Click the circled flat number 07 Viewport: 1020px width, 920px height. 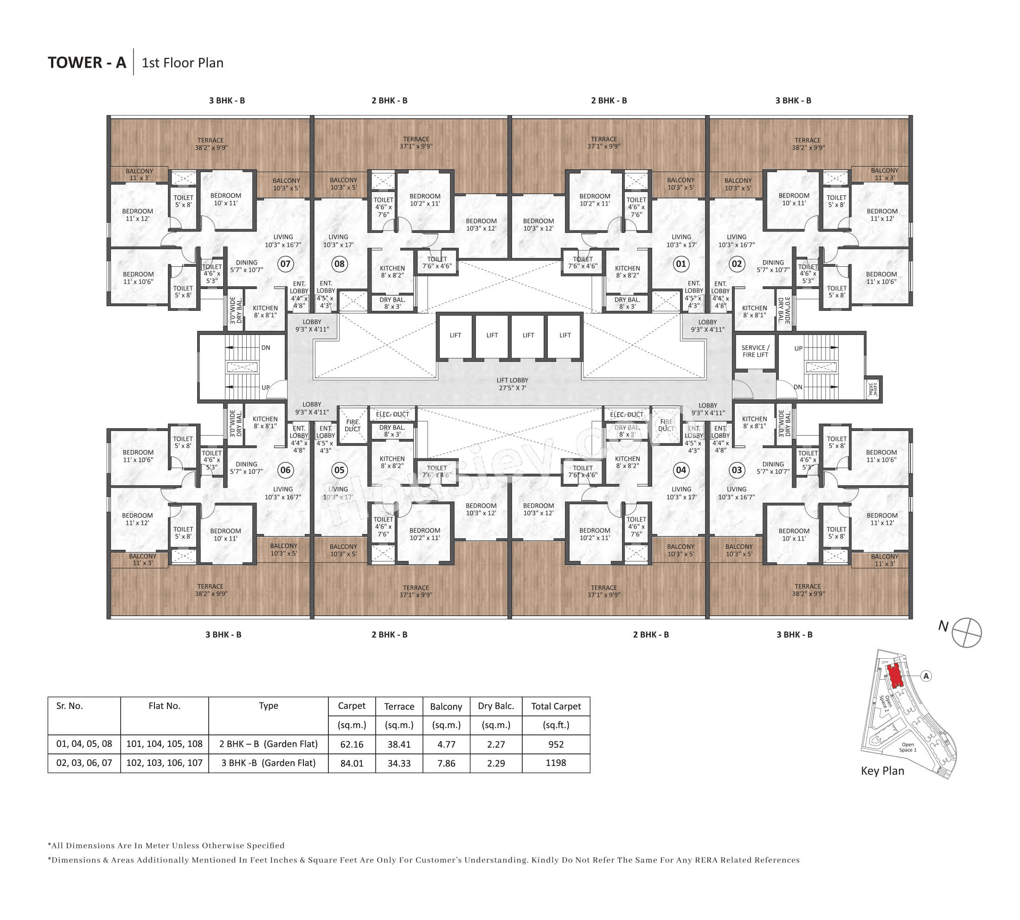click(x=285, y=264)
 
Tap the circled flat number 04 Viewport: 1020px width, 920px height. click(x=680, y=470)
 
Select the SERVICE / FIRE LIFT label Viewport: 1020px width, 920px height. click(x=755, y=351)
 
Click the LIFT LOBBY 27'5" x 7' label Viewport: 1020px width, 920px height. click(x=512, y=384)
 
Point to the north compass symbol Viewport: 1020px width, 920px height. click(x=966, y=632)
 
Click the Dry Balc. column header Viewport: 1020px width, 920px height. click(x=495, y=706)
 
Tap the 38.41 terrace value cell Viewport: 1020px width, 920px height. click(x=398, y=744)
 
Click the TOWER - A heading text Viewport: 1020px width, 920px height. click(x=86, y=63)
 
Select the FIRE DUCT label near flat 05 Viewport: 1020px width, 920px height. click(x=353, y=425)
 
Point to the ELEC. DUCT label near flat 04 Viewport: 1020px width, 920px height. click(x=626, y=414)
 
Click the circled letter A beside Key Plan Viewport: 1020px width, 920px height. click(x=925, y=676)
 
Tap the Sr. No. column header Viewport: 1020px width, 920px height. click(x=69, y=706)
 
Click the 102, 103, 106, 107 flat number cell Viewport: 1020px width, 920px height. click(x=164, y=762)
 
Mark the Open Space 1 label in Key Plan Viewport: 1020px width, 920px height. click(x=907, y=746)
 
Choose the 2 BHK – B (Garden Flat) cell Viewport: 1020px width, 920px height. click(x=268, y=744)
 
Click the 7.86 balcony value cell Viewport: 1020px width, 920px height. click(x=446, y=763)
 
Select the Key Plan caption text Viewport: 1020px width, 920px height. click(x=882, y=770)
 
